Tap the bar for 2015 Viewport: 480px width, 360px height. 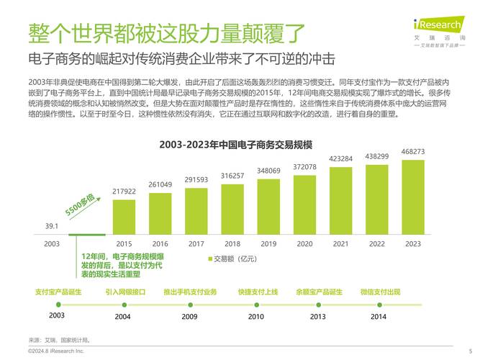[124, 217]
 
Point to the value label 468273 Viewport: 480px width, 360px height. [412, 152]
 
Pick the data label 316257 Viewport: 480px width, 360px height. [232, 176]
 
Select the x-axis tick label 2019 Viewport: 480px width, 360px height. [268, 244]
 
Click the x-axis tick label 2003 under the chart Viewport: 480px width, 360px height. [52, 244]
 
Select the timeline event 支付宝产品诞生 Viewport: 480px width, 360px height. [58, 292]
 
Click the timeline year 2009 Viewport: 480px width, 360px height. [189, 316]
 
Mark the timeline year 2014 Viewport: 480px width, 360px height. [379, 316]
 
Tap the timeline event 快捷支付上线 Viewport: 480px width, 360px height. [257, 292]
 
